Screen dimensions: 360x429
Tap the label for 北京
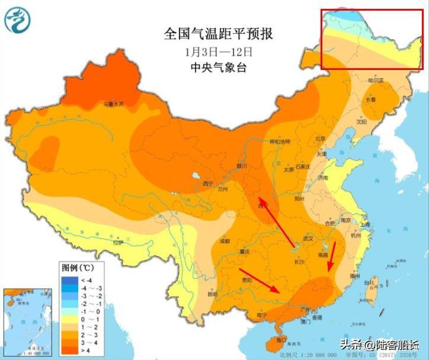[x=321, y=138]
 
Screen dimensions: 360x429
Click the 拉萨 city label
[x=118, y=242]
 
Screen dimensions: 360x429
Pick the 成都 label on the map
[x=224, y=241]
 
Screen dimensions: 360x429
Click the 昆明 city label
[x=212, y=294]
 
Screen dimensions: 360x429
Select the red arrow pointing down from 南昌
[x=332, y=258]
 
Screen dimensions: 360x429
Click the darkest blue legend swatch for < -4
[x=69, y=280]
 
